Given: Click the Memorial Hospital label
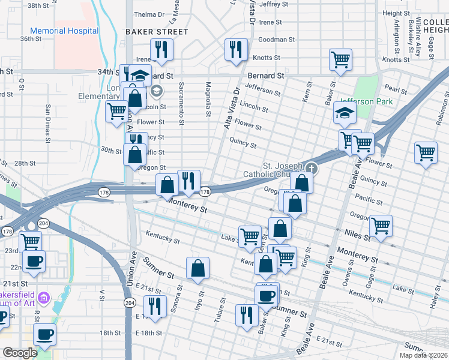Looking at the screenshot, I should [x=64, y=31].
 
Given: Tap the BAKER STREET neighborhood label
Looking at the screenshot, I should [x=157, y=31].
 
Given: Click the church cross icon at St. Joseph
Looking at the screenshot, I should [x=310, y=168].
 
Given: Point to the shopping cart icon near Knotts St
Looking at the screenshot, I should [x=340, y=59].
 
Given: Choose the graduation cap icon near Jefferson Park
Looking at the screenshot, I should [x=345, y=112].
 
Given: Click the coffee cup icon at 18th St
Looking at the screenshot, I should [x=44, y=334].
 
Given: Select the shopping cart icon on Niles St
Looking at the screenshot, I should [x=381, y=226].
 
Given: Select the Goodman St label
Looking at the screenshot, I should [x=276, y=40].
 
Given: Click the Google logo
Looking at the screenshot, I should [x=20, y=353].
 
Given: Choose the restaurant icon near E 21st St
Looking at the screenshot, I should [x=156, y=306].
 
